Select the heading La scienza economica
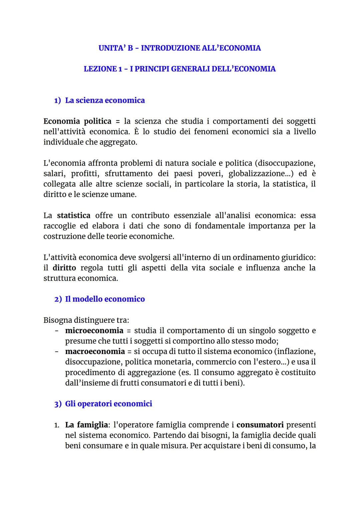[105, 100]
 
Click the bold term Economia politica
[77, 121]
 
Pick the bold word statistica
[73, 216]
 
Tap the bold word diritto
[64, 268]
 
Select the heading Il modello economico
[105, 299]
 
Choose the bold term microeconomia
[94, 330]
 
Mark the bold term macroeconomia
[95, 351]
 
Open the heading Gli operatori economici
[108, 404]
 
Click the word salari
[54, 174]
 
